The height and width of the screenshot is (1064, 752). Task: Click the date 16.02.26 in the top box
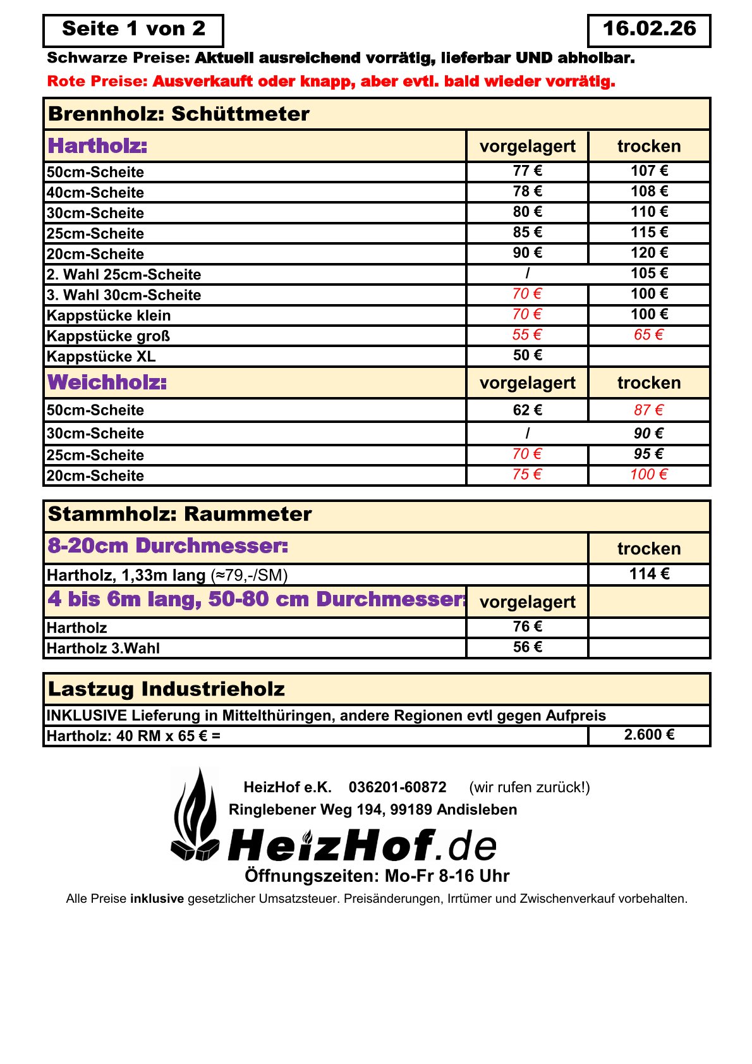[x=649, y=29]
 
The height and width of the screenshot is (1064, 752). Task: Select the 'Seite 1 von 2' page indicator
[x=133, y=29]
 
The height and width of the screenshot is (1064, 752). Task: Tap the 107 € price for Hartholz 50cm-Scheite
[x=649, y=171]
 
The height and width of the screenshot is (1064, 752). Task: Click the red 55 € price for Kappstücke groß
[x=527, y=334]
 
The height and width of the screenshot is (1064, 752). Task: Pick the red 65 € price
[x=649, y=334]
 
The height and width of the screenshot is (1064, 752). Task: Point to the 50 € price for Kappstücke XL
[x=527, y=355]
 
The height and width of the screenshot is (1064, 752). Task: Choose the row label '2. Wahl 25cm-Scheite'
[x=124, y=274]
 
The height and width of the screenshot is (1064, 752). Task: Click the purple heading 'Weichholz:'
[x=107, y=382]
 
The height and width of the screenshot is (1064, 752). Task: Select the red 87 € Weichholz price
[x=649, y=410]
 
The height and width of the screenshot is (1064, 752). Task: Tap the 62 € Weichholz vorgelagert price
[x=527, y=410]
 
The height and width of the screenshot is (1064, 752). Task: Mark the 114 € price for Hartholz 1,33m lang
[x=649, y=574]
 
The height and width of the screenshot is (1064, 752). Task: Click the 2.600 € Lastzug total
[x=649, y=735]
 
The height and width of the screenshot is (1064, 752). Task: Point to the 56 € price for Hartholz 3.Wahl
[x=527, y=647]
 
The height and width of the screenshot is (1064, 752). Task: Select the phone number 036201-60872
[x=397, y=787]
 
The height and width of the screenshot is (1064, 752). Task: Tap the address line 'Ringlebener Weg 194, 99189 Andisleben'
[x=373, y=810]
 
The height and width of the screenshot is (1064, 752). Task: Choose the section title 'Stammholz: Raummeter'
[x=179, y=514]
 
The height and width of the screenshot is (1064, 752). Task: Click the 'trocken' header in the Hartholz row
[x=649, y=147]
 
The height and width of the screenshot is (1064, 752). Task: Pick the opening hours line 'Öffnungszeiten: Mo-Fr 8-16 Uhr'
[x=377, y=876]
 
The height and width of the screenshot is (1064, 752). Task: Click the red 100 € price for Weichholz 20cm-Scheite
[x=649, y=474]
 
